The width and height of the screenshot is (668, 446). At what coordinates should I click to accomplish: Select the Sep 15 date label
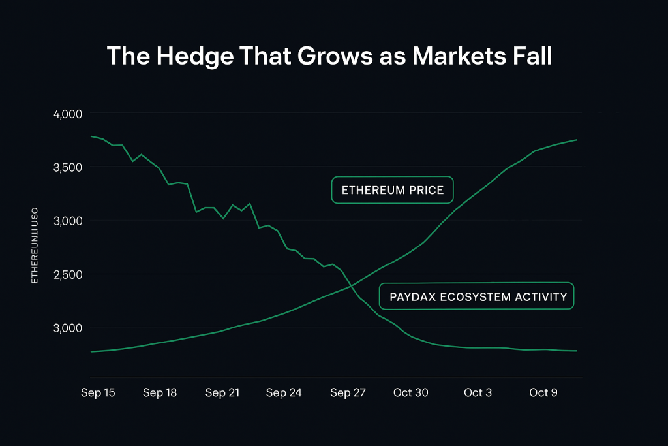pos(99,392)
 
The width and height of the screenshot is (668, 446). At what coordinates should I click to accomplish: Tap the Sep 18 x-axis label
pos(160,392)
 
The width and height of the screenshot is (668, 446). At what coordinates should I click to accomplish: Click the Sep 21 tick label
pos(223,392)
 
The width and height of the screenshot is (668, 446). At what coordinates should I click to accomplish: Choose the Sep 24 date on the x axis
pos(284,392)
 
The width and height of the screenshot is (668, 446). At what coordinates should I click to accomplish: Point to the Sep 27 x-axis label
pos(348,392)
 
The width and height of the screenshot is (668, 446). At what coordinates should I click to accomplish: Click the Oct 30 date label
pos(411,392)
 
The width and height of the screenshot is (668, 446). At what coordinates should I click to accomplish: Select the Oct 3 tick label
pos(478,392)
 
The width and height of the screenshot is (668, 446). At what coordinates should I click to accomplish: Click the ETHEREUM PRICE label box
pos(392,190)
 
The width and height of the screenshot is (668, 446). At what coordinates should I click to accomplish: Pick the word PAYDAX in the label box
pos(412,296)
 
